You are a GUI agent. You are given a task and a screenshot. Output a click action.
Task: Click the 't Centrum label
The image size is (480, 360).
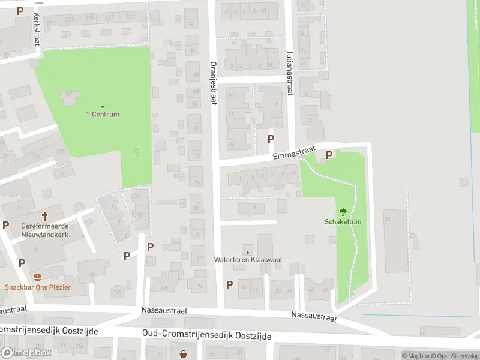pyautogui.click(x=103, y=114)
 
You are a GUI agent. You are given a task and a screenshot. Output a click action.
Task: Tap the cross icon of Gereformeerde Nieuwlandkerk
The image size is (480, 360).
pyautogui.click(x=44, y=216)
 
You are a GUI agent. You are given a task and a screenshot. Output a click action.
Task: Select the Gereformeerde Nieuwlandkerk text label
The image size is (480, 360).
pyautogui.click(x=44, y=230)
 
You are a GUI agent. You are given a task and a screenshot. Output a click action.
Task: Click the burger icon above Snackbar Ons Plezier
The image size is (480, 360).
pyautogui.click(x=38, y=277)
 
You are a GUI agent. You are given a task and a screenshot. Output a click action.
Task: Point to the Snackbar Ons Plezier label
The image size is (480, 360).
pyautogui.click(x=38, y=287)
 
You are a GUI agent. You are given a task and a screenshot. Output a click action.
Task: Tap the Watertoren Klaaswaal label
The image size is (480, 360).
pyautogui.click(x=248, y=260)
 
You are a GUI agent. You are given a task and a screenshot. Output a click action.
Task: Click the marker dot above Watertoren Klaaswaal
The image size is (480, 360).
pyautogui.click(x=248, y=251)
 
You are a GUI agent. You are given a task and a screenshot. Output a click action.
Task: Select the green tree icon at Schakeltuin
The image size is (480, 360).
pyautogui.click(x=343, y=211)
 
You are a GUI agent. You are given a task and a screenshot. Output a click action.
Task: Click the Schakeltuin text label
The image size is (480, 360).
pyautogui.click(x=343, y=222)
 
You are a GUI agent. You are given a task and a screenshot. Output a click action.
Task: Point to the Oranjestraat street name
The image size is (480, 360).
pyautogui.click(x=212, y=83)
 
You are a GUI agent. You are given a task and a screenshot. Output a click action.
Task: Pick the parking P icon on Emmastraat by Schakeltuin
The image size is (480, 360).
pyautogui.click(x=328, y=155)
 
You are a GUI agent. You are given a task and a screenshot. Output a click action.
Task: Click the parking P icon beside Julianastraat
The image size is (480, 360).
pyautogui.click(x=271, y=139)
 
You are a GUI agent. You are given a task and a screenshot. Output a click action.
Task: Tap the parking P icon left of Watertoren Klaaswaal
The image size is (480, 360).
pyautogui.click(x=229, y=284)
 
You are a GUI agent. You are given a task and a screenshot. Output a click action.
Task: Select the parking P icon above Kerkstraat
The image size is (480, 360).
pyautogui.click(x=20, y=11)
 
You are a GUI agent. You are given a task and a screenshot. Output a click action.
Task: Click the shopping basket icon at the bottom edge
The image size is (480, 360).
pyautogui.click(x=183, y=355)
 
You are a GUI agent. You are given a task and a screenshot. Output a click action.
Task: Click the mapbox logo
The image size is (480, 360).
pyautogui.click(x=26, y=353)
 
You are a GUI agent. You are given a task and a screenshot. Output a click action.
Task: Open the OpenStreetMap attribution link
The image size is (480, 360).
pyautogui.click(x=455, y=356)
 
